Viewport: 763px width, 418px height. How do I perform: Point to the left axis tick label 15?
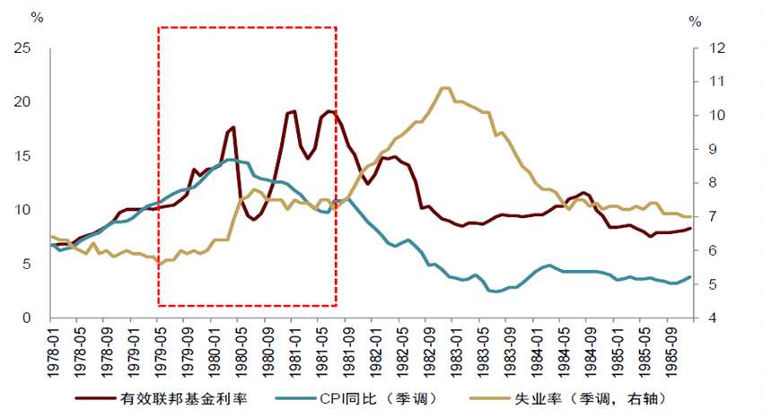tap(24, 156)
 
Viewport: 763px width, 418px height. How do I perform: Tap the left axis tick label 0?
tap(28, 318)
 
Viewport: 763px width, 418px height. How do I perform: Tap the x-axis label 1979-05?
tap(158, 346)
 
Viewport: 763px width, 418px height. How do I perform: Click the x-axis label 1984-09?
tap(589, 346)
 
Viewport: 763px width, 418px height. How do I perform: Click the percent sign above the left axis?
tap(36, 17)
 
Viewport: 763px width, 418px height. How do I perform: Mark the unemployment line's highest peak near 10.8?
tap(444, 88)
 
